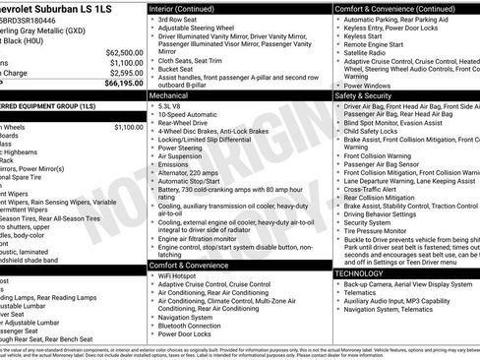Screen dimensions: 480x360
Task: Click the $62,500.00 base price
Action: point(123,52)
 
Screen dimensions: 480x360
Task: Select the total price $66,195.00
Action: point(123,85)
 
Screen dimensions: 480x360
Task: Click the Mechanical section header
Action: point(170,97)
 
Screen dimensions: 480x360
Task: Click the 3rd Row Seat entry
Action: point(179,20)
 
